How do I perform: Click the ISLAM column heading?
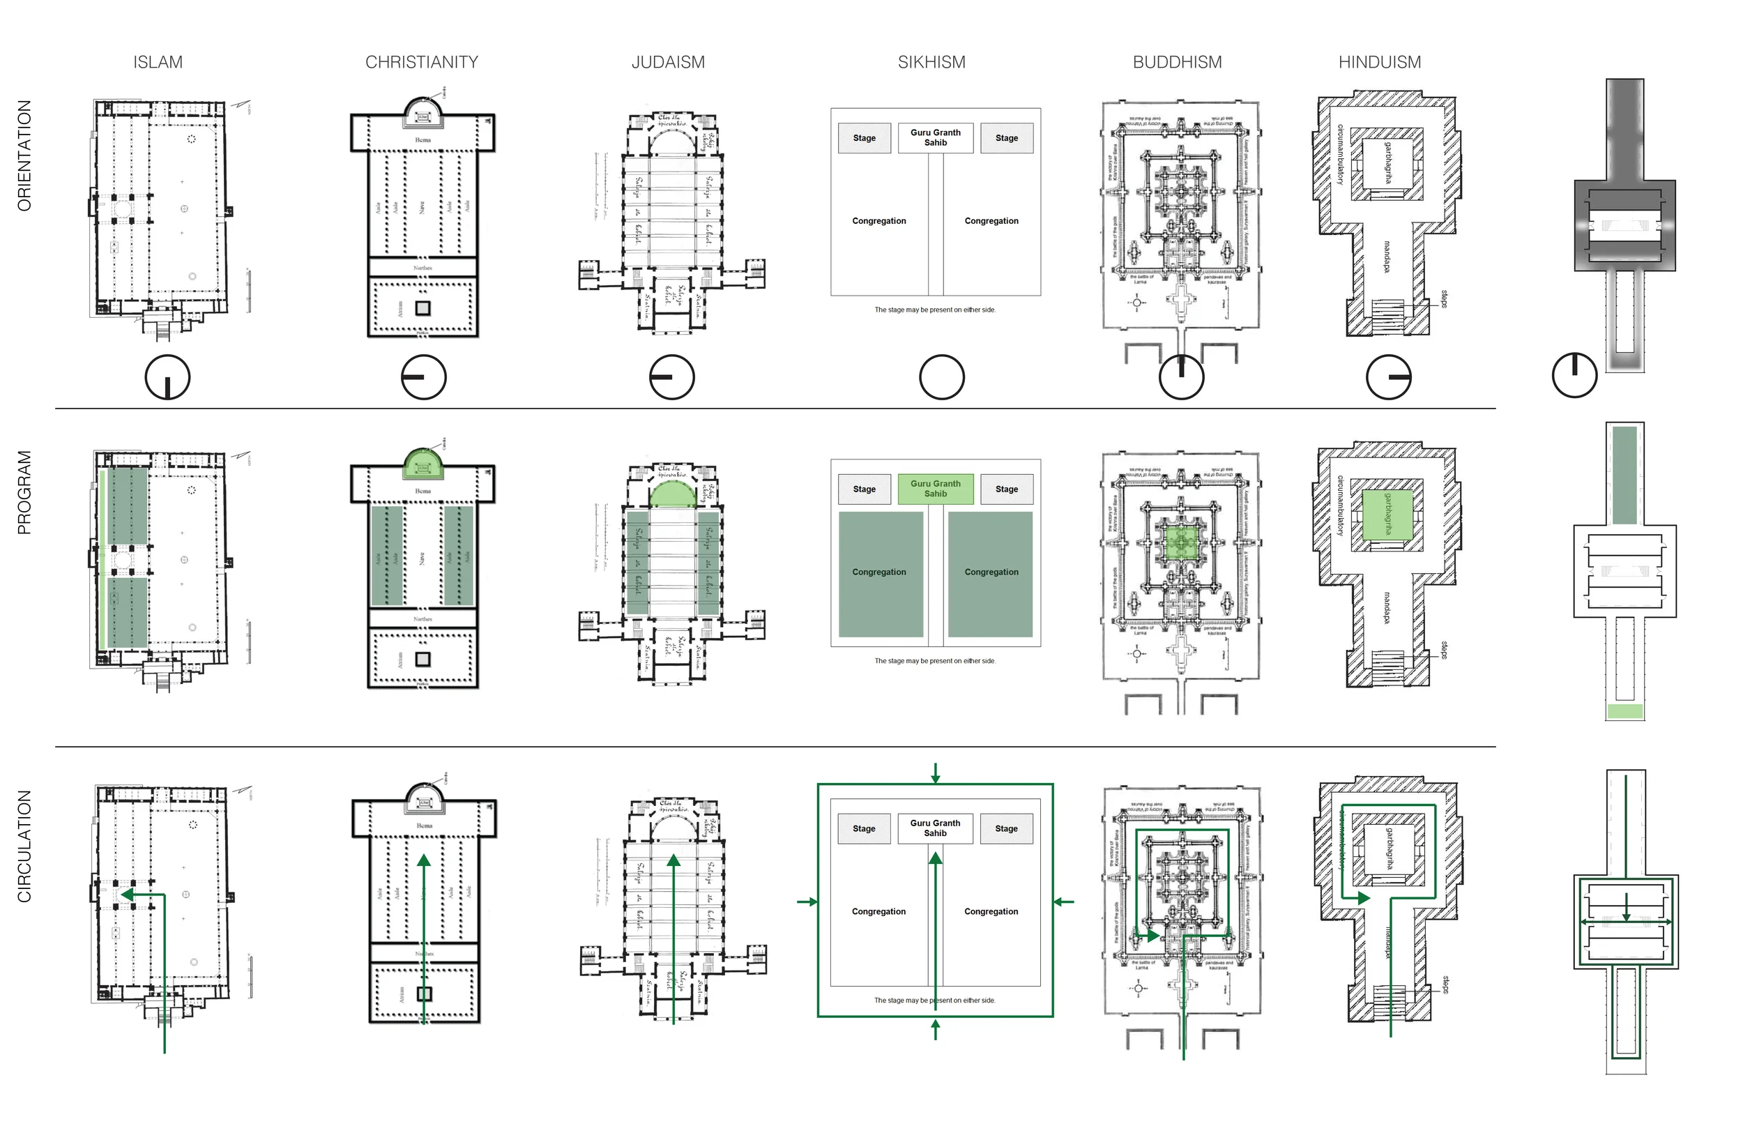click(x=158, y=62)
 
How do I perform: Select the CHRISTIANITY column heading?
click(x=421, y=62)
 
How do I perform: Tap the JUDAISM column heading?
click(x=668, y=62)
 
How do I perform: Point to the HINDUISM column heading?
click(x=1379, y=62)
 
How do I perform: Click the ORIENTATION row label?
click(x=24, y=156)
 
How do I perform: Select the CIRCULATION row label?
click(x=24, y=846)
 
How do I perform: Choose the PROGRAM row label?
click(x=24, y=492)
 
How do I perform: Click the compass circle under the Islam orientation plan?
click(x=168, y=377)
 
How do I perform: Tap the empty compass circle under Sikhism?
click(x=941, y=377)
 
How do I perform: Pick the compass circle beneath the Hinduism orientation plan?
click(x=1388, y=377)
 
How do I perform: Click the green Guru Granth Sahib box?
click(x=935, y=489)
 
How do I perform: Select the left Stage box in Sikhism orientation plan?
click(x=864, y=137)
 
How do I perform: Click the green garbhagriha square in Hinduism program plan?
click(x=1387, y=513)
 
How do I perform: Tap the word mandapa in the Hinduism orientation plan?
click(x=1386, y=257)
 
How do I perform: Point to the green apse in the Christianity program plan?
click(x=423, y=464)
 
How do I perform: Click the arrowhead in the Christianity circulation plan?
click(x=423, y=861)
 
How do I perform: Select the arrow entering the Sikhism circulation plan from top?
click(x=935, y=773)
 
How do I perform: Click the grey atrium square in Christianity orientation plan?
click(x=423, y=308)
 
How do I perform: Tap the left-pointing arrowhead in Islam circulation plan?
click(x=127, y=895)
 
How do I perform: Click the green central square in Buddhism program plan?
click(x=1180, y=542)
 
